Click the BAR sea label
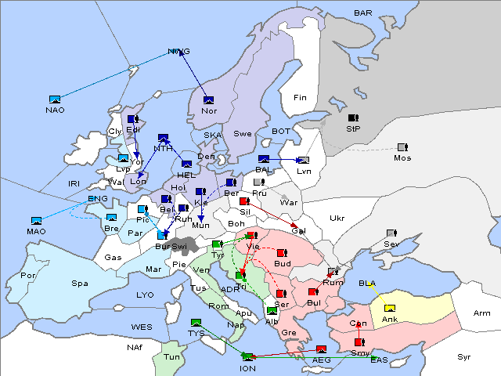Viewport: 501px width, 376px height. pos(362,13)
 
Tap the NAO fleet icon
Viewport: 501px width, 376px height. pos(55,99)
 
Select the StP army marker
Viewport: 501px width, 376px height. pos(353,118)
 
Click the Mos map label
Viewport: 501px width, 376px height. pos(402,157)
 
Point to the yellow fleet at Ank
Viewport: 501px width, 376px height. pos(390,308)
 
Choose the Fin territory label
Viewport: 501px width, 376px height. pos(300,97)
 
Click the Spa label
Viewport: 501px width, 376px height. pos(80,283)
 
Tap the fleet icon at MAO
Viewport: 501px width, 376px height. pos(36,221)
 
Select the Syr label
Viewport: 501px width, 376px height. pos(464,356)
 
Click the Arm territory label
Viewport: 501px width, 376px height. pos(481,313)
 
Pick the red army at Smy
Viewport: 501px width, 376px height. pos(359,342)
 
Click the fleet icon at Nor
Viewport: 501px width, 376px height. pos(208,99)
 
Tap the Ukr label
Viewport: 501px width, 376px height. pos(337,218)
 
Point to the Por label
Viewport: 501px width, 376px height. pos(28,275)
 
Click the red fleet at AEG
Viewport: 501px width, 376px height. pos(321,349)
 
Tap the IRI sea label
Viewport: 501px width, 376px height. pos(74,183)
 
